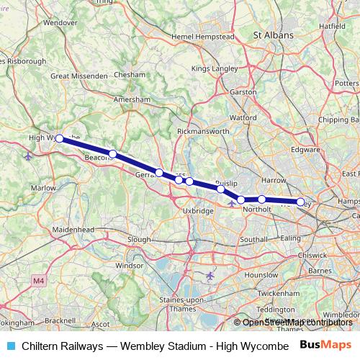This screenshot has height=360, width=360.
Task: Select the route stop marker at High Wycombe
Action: coord(60,138)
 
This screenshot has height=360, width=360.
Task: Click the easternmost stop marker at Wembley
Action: coord(300,202)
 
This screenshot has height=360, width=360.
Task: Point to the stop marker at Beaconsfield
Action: coord(112,153)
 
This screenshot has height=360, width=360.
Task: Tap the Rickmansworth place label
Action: coord(203,132)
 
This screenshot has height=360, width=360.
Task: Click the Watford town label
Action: coord(243,117)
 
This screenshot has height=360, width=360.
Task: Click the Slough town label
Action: coord(138,239)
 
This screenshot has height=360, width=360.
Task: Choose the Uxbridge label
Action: coord(199,211)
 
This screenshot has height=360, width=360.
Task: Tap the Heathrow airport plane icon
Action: coord(210,275)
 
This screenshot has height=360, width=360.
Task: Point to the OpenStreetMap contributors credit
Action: coord(297,323)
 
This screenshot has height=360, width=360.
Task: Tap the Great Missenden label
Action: coord(79,76)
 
